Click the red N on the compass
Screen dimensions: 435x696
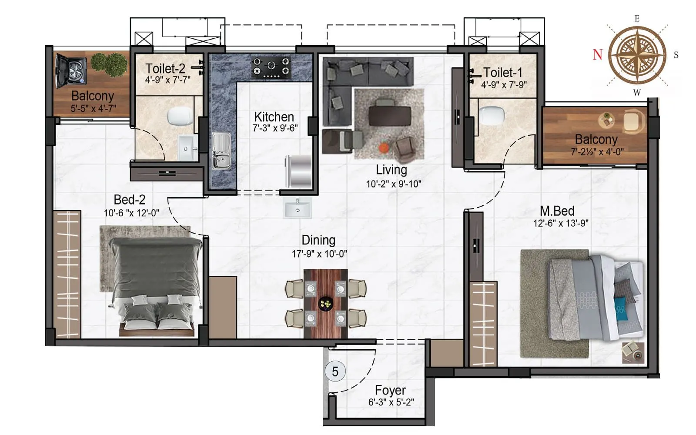click(598, 54)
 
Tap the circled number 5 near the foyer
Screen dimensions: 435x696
click(335, 371)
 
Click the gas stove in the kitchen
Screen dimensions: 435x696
click(271, 67)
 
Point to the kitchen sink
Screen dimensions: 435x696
click(221, 150)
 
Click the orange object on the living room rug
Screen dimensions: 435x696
click(383, 148)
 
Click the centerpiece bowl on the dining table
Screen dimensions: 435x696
click(325, 303)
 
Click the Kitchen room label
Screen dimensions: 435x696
click(274, 117)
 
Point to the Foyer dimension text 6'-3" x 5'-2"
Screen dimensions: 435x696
click(391, 402)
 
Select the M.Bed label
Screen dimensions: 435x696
click(557, 211)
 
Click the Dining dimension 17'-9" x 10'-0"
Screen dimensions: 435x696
click(319, 254)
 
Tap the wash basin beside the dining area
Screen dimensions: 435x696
click(298, 208)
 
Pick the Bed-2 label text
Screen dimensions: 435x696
click(129, 200)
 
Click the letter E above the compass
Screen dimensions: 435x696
click(637, 19)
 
